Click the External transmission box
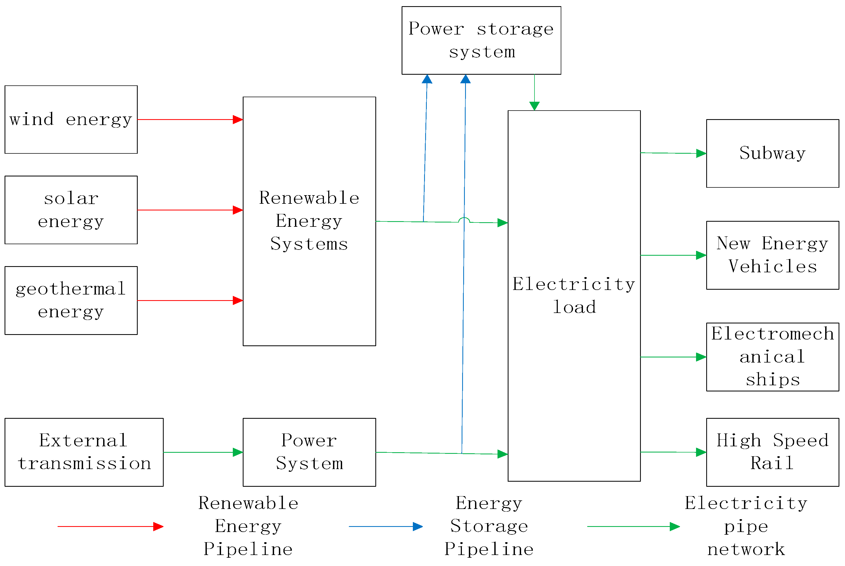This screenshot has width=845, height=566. click(x=84, y=452)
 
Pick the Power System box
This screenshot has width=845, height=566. click(x=309, y=452)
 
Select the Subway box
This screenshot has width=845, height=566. click(x=772, y=153)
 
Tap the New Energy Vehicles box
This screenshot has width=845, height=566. click(x=772, y=255)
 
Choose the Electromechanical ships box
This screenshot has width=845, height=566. click(x=772, y=357)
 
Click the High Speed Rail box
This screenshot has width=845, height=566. click(x=772, y=452)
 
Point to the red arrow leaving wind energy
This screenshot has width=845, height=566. click(x=190, y=119)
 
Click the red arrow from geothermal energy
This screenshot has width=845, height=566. click(x=190, y=300)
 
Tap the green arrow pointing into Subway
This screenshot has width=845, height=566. click(x=674, y=153)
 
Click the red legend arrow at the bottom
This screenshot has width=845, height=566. click(x=110, y=526)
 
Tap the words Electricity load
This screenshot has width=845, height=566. click(x=574, y=295)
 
